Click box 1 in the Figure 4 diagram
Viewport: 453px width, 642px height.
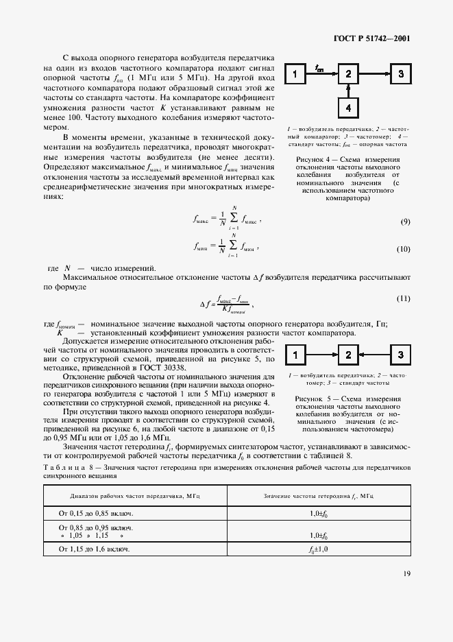295,74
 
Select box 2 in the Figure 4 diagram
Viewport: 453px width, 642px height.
348,74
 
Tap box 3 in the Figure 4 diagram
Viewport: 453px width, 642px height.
401,74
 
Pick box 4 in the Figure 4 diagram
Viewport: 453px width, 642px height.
348,108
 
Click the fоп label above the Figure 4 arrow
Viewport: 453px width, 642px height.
319,67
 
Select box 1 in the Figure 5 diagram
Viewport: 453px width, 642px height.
295,355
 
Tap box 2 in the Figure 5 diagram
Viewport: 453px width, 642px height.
348,355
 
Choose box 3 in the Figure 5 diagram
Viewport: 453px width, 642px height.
401,355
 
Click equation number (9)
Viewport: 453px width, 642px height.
405,222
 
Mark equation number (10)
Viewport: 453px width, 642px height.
404,248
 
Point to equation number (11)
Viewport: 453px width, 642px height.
404,298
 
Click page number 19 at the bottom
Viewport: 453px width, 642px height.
406,574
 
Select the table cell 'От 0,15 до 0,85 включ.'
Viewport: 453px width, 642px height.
96,512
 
